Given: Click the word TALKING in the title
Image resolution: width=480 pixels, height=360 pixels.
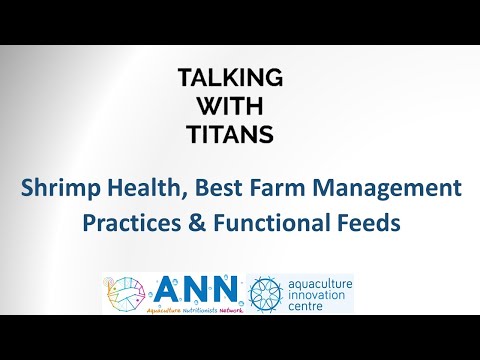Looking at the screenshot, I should pos(230,77).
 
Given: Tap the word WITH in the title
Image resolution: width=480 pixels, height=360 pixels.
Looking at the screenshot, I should pos(230,104).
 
